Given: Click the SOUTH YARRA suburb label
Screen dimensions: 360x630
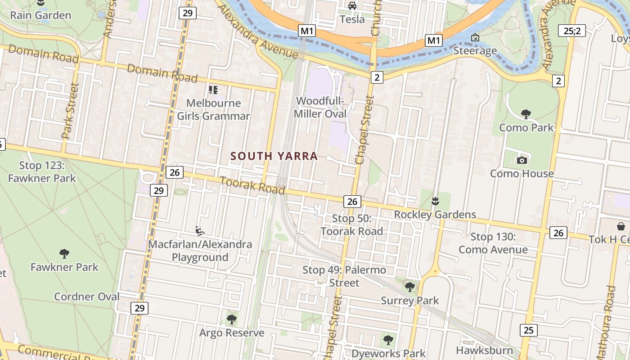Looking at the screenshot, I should click(274, 156).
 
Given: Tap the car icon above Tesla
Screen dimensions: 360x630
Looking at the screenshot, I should click(352, 5).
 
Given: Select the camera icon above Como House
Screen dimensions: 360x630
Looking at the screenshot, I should click(522, 160).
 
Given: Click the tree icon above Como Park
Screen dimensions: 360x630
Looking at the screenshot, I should click(526, 114).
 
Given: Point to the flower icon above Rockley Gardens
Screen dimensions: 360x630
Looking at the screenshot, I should click(435, 201).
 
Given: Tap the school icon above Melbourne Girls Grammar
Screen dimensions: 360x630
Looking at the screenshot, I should click(213, 90).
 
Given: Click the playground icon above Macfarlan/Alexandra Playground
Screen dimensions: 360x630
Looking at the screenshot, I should click(200, 231).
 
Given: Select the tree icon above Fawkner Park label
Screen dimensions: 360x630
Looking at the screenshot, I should click(64, 254).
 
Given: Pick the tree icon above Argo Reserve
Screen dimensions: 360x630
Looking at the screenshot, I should click(232, 319).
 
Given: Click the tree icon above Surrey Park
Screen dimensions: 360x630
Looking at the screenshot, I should click(409, 287).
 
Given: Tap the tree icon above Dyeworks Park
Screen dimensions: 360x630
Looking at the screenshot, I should click(388, 340).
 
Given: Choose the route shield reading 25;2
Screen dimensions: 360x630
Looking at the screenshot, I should click(571, 31).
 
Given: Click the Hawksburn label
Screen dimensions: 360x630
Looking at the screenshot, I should click(484, 350).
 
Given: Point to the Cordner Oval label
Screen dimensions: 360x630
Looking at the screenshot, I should click(87, 297).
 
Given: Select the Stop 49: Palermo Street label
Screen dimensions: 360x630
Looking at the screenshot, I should click(344, 276).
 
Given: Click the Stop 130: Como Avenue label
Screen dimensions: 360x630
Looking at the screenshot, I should click(493, 243).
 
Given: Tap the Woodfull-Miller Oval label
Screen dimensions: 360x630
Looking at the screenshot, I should click(320, 107).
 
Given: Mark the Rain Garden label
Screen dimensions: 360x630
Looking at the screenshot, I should click(40, 15).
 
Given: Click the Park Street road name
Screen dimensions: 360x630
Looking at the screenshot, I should click(71, 111).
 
